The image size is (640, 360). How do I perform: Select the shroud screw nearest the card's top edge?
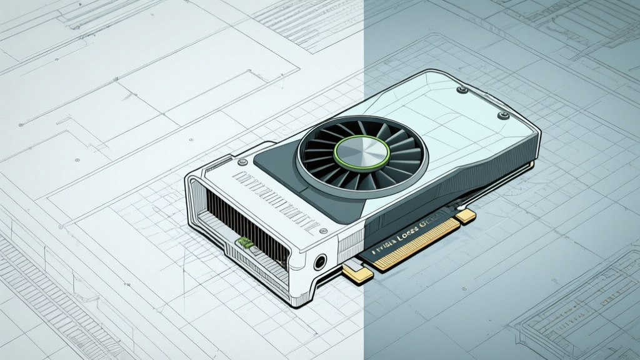tap(462, 90)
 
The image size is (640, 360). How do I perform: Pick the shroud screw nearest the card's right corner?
tap(501, 115)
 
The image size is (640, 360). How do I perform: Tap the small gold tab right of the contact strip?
tap(466, 216)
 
